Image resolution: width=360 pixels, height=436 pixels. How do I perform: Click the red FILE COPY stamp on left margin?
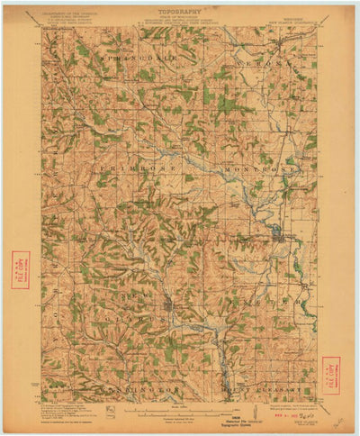pyautogui.click(x=20, y=269)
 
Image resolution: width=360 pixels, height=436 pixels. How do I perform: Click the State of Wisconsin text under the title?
pyautogui.click(x=180, y=21)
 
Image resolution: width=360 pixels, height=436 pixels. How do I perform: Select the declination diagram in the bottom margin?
pyautogui.click(x=108, y=411)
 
